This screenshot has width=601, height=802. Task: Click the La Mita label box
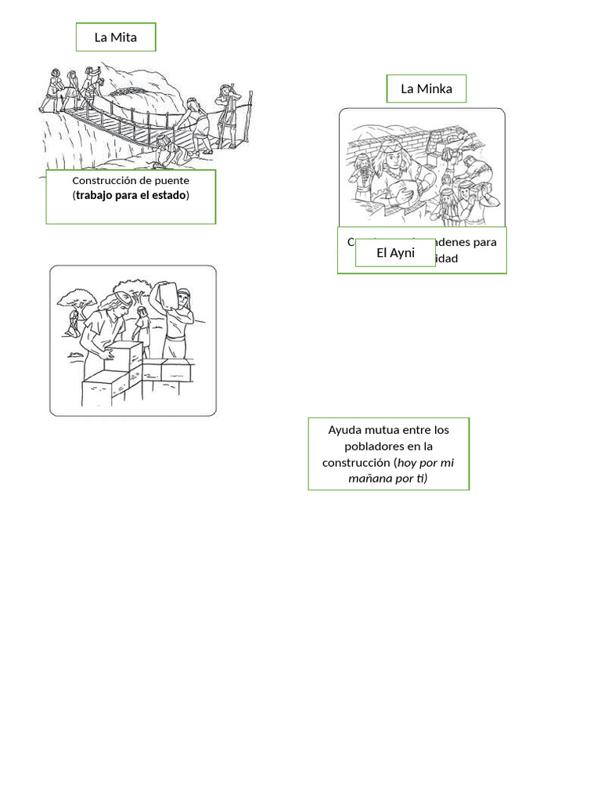116,37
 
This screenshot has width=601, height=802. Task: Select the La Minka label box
426,89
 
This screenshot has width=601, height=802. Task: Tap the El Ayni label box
395,252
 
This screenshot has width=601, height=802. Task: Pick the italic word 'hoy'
408,462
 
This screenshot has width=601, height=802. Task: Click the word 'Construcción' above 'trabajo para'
106,180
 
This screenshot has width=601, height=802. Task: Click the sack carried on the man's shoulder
166,294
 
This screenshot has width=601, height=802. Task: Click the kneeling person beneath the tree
74,321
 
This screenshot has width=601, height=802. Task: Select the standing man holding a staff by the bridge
228,114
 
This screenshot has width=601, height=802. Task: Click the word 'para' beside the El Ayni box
484,241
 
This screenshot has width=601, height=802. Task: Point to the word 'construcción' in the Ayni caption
357,462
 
